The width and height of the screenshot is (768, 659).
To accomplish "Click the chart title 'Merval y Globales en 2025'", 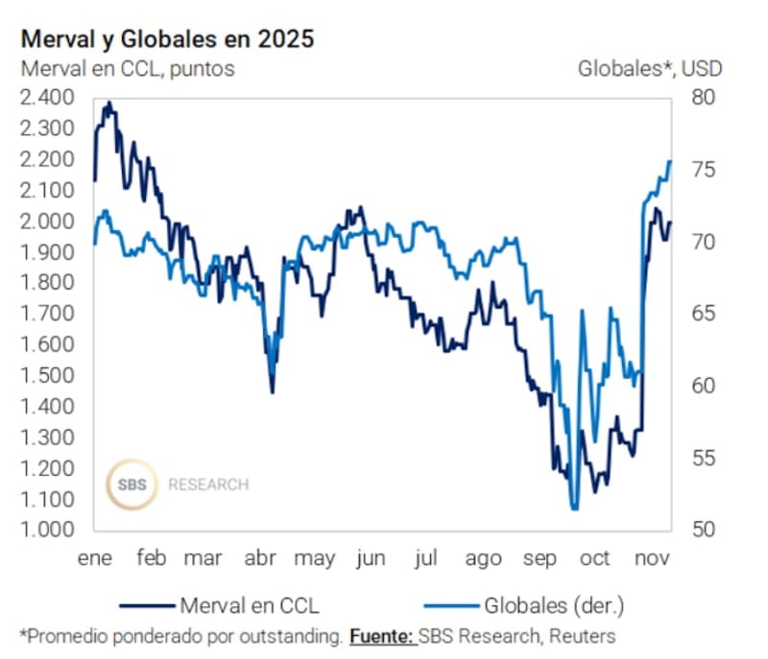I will click(167, 39).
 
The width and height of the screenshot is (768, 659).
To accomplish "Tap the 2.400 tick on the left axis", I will click(47, 98).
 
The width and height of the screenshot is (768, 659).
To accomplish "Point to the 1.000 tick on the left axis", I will click(47, 530).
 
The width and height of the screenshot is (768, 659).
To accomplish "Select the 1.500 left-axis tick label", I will click(47, 375).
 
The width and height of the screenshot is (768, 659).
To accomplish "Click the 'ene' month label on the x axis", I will click(96, 559).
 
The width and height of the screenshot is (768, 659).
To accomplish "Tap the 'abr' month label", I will click(261, 559).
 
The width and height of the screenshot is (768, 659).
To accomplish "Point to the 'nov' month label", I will click(651, 559).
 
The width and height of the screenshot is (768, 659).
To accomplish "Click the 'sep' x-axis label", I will click(540, 559).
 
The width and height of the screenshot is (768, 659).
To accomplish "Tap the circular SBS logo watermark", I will click(132, 484).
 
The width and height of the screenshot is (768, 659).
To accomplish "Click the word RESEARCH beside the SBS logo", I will click(207, 484).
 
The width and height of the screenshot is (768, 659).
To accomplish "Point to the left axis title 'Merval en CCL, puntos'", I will click(127, 68).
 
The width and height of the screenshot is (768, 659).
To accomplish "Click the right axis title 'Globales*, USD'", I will click(650, 68).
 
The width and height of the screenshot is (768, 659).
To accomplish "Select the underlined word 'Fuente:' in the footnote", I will click(382, 635).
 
